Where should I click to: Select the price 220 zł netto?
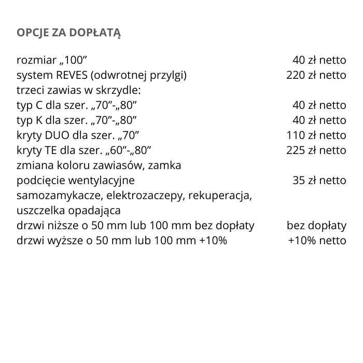pyautogui.click(x=316, y=75)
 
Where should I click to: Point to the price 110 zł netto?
pyautogui.click(x=316, y=135)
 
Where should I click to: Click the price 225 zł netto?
pyautogui.click(x=316, y=150)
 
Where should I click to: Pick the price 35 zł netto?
pyautogui.click(x=319, y=180)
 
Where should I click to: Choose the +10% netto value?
pyautogui.click(x=317, y=241)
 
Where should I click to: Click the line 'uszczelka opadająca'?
pyautogui.click(x=68, y=211)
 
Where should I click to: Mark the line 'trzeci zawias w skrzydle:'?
pyautogui.click(x=79, y=90)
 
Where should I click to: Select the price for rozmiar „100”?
pyautogui.click(x=319, y=60)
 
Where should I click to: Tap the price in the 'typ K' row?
pyautogui.click(x=319, y=120)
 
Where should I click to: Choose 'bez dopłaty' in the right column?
pyautogui.click(x=316, y=226)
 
